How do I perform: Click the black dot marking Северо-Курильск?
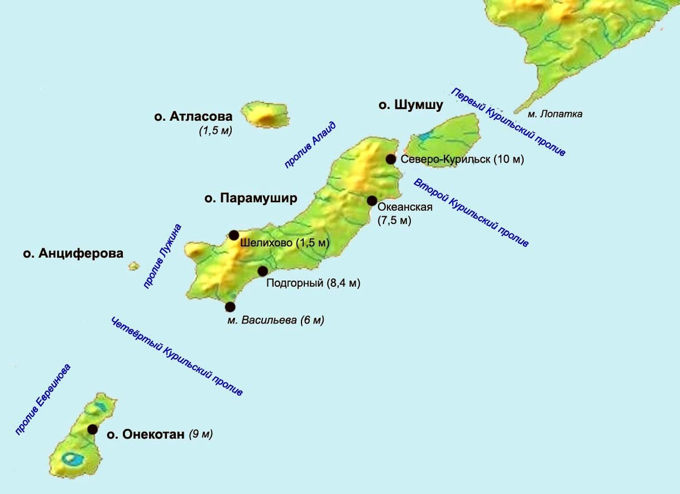[x=391, y=159]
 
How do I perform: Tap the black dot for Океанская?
[x=372, y=200]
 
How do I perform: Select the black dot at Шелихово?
[x=234, y=235]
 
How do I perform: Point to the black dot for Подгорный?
[x=262, y=271]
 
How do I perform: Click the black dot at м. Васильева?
[x=230, y=307]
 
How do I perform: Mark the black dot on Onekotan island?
[x=92, y=429]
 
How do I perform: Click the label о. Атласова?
[x=193, y=117]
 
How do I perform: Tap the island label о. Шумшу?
[x=411, y=105]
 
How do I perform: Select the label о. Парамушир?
[x=250, y=199]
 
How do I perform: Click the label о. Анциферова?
[x=73, y=254]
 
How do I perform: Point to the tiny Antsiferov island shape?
[x=134, y=265]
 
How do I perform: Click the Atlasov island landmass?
[x=265, y=114]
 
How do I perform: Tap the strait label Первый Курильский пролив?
[x=508, y=123]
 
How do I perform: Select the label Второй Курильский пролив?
[x=471, y=213]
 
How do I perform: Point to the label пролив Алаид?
[x=311, y=145]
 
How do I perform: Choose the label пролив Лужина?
[x=162, y=256]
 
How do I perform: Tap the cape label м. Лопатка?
[x=555, y=114]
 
